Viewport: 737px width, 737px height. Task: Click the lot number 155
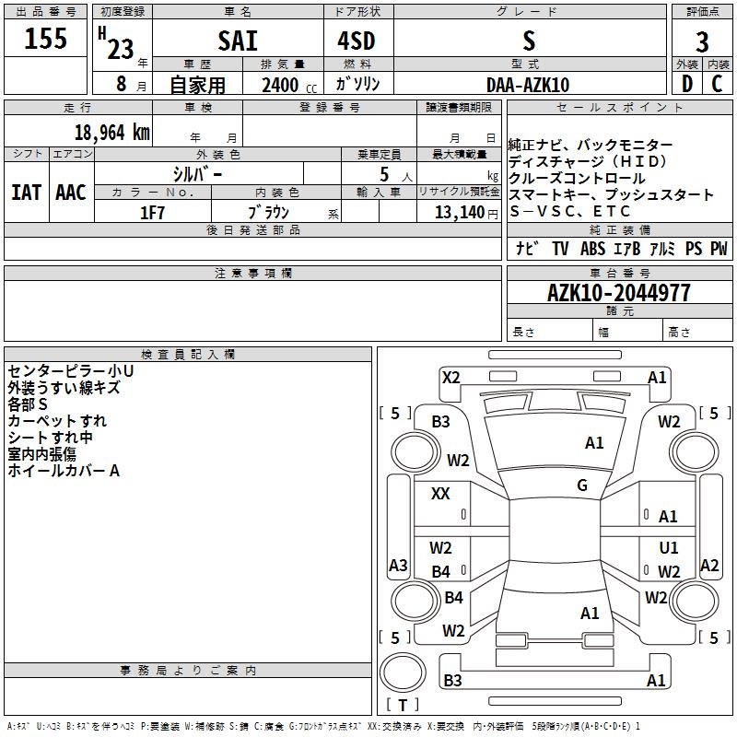pos(46,40)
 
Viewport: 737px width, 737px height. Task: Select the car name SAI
pos(238,41)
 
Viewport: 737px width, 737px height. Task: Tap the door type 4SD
pos(357,41)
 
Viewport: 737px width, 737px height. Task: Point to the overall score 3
pos(702,41)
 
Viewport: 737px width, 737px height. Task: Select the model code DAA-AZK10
pos(528,85)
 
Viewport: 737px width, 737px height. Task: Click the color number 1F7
pos(152,212)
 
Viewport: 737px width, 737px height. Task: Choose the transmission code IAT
pos(26,193)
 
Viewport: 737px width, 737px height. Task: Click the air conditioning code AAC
pos(71,193)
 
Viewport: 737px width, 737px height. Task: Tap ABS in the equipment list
pos(591,249)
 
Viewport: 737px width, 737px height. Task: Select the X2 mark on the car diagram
pos(450,377)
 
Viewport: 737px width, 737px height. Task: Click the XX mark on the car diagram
pos(440,494)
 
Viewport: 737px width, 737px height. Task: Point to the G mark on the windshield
pos(581,485)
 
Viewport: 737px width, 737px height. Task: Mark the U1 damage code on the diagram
pos(668,548)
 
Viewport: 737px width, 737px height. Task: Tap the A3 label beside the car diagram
pos(398,566)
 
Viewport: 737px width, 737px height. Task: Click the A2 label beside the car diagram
pos(709,566)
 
